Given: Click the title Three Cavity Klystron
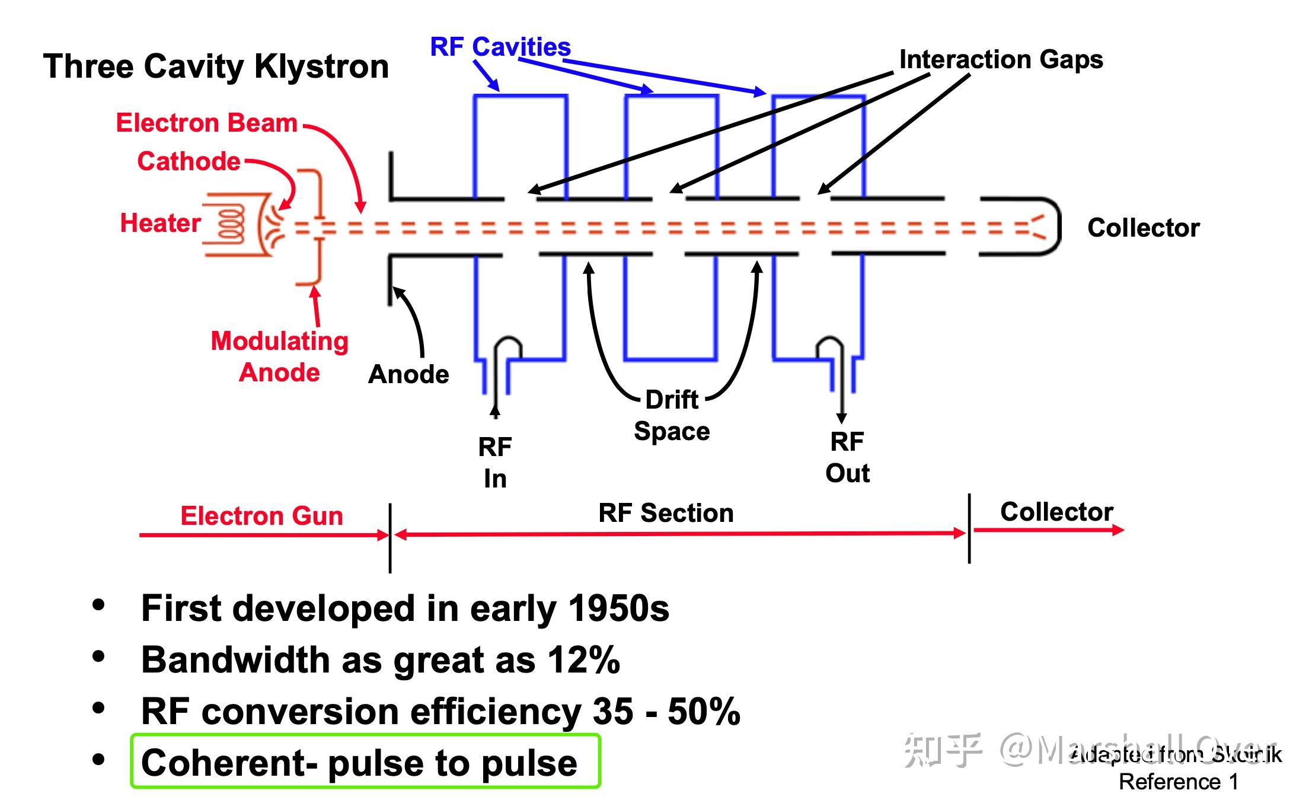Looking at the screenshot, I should click(x=216, y=66).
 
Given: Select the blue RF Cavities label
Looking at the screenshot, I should click(x=500, y=47).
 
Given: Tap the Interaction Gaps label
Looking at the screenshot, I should click(x=1001, y=59).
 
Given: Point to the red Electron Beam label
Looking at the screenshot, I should click(x=206, y=123).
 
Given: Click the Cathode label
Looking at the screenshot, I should click(x=189, y=161).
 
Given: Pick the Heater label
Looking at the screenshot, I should click(x=160, y=223).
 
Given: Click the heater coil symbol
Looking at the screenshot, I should click(x=231, y=225).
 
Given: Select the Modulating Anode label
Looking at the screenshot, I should click(x=279, y=356).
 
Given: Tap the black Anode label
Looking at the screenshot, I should click(x=408, y=374).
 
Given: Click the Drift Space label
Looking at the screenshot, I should click(x=672, y=415).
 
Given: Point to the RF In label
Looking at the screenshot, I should click(x=495, y=463).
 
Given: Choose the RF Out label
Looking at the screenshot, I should click(x=847, y=457).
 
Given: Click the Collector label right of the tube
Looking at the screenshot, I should click(x=1143, y=228).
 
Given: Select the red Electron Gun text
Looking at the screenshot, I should click(x=261, y=516).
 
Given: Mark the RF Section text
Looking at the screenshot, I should click(x=666, y=513).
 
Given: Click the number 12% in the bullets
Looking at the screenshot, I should click(x=583, y=660).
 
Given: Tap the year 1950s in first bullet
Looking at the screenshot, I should click(x=618, y=608).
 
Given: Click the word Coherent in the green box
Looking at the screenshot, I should click(x=228, y=763).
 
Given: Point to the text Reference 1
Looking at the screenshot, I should click(x=1179, y=782).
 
